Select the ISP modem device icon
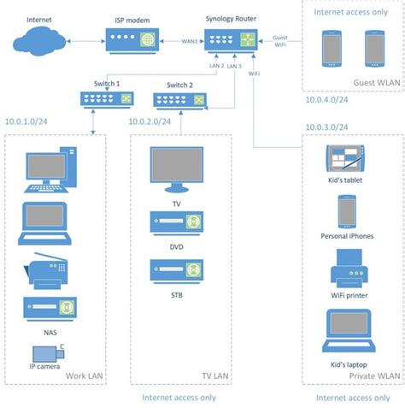coord(132,39)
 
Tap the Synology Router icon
coord(232,39)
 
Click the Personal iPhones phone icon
coord(346,211)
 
